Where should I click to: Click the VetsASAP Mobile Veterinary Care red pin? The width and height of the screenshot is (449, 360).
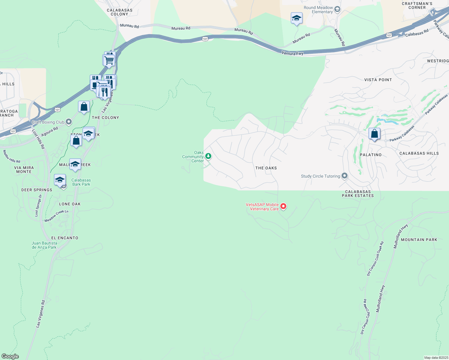pyautogui.click(x=283, y=206)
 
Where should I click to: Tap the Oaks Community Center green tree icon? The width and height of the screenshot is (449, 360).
pyautogui.click(x=208, y=156)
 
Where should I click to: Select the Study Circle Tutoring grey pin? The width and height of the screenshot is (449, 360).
pyautogui.click(x=344, y=176)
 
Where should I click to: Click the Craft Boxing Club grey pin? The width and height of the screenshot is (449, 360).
pyautogui.click(x=69, y=122)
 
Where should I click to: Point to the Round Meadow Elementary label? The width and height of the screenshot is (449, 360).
pyautogui.click(x=318, y=10)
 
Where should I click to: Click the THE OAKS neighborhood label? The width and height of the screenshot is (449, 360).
pyautogui.click(x=266, y=168)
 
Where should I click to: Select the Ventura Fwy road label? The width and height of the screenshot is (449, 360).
pyautogui.click(x=292, y=53)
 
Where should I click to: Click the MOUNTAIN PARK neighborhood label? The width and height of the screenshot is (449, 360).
pyautogui.click(x=419, y=240)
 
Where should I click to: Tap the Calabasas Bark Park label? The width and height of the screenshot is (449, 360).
pyautogui.click(x=81, y=182)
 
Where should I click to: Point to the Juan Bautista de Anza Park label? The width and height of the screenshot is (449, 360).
pyautogui.click(x=44, y=245)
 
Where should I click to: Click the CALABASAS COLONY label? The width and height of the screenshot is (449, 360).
pyautogui.click(x=119, y=12)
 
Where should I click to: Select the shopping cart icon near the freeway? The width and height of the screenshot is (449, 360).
pyautogui.click(x=109, y=60)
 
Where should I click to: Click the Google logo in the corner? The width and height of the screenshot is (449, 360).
pyautogui.click(x=10, y=356)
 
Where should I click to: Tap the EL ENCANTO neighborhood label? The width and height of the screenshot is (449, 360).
pyautogui.click(x=65, y=238)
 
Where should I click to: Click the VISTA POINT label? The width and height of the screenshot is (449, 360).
pyautogui.click(x=378, y=80)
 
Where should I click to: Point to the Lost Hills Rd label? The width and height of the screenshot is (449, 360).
pyautogui.click(x=38, y=139)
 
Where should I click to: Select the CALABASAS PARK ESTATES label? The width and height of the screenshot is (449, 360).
pyautogui.click(x=358, y=193)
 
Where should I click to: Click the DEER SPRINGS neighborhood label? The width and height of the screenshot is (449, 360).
pyautogui.click(x=37, y=190)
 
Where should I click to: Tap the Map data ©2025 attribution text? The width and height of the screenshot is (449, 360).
pyautogui.click(x=436, y=358)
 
